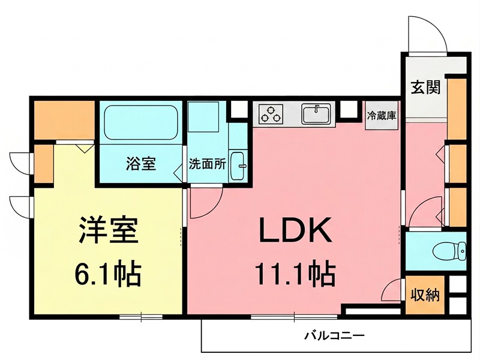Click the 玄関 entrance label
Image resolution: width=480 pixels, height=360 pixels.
425,88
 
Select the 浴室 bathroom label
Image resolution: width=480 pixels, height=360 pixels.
141,163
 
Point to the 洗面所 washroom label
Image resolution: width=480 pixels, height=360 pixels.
207,164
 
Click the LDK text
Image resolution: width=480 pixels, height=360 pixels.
295,230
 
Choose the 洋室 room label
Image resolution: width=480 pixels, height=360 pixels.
108,230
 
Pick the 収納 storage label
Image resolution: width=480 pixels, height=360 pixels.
425,295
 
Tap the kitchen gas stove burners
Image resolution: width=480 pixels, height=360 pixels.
271,113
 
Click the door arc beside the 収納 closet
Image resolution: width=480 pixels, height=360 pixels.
393,291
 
